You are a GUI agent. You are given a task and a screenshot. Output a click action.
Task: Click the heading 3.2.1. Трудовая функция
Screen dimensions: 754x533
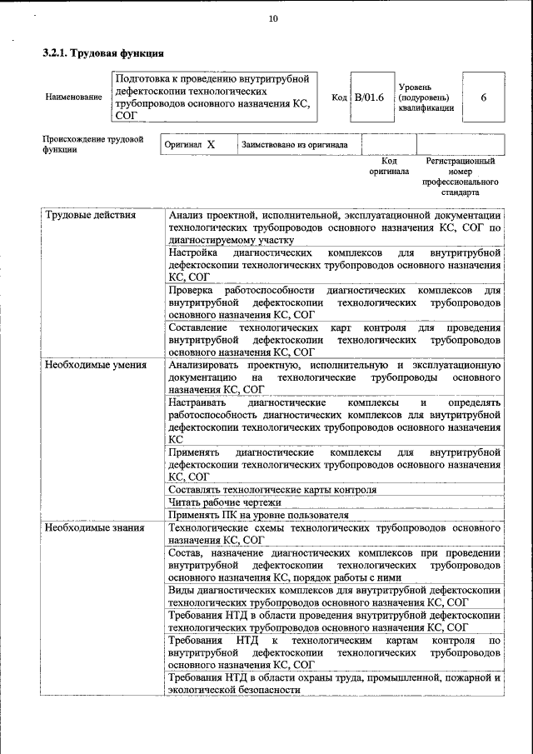click(102, 54)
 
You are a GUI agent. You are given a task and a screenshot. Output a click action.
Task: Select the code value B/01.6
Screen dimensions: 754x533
click(369, 97)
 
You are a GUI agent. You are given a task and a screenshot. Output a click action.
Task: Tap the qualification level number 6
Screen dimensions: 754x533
click(484, 97)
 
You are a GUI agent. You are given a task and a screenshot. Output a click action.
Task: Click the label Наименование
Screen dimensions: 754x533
click(74, 97)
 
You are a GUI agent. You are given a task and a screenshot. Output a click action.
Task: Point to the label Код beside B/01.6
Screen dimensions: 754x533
click(339, 97)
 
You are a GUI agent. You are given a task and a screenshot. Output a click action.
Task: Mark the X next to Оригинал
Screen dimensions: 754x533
click(211, 144)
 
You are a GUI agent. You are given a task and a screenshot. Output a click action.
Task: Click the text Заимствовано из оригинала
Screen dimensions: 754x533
click(294, 144)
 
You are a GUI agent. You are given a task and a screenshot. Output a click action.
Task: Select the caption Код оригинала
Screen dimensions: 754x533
click(389, 166)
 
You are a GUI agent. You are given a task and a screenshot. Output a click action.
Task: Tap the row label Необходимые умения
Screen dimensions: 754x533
click(96, 365)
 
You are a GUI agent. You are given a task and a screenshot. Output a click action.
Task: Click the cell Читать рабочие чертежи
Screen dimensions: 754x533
click(225, 502)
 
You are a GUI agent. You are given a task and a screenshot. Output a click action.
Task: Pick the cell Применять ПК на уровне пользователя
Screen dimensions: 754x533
click(257, 515)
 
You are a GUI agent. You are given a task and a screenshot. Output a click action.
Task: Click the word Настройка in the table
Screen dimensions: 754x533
click(192, 252)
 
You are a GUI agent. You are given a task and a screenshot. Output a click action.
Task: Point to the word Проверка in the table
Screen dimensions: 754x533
click(192, 290)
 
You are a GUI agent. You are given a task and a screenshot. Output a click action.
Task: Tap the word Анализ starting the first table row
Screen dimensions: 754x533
click(186, 215)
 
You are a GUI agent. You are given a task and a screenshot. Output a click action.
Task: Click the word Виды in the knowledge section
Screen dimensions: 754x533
click(179, 591)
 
